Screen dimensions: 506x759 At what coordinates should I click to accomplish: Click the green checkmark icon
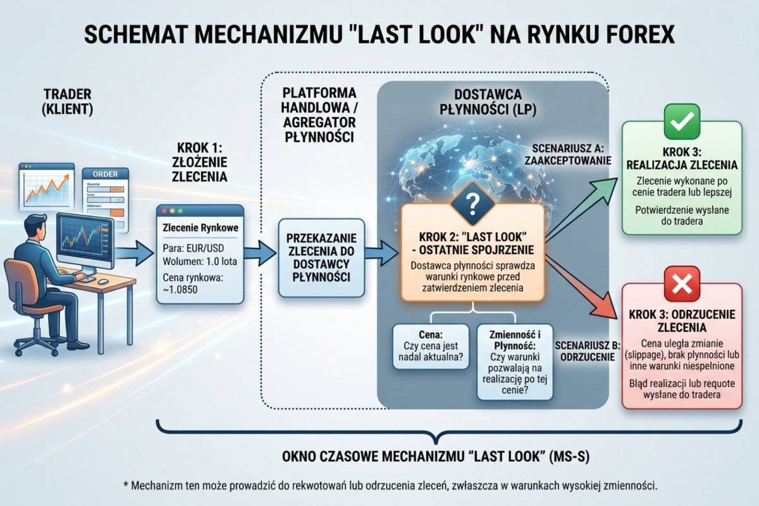click(681, 121)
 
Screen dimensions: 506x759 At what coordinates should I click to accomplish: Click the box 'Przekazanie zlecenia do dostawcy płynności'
click(321, 258)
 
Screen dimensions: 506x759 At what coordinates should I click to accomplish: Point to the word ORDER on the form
click(104, 175)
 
